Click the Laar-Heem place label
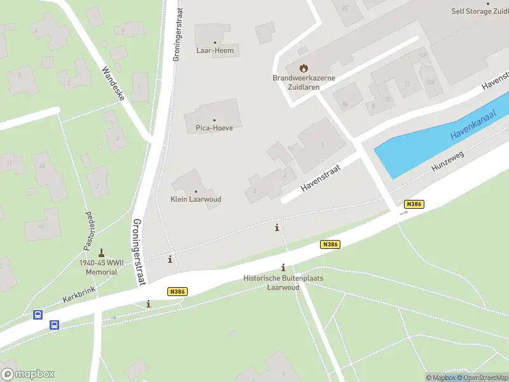pyautogui.click(x=214, y=50)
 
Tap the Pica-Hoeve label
pyautogui.click(x=214, y=128)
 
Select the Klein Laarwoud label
pyautogui.click(x=196, y=199)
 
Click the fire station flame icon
pyautogui.click(x=303, y=67)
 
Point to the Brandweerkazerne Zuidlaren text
pyautogui.click(x=303, y=82)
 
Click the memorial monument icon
pyautogui.click(x=101, y=253)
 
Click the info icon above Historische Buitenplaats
pyautogui.click(x=282, y=268)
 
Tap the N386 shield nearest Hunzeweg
pyautogui.click(x=414, y=204)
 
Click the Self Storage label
pyautogui.click(x=480, y=11)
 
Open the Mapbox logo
pyautogui.click(x=28, y=374)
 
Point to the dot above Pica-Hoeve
pyautogui.click(x=214, y=120)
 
